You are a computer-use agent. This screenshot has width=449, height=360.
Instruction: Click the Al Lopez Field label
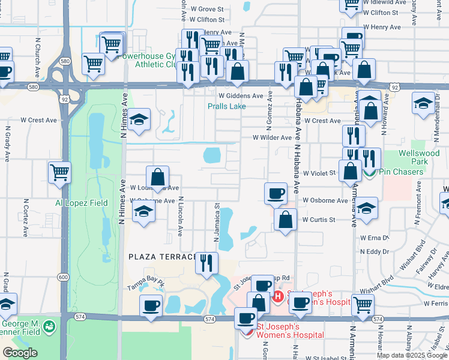tap(82, 203)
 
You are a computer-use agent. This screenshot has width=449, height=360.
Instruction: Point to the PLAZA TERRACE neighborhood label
tap(163, 256)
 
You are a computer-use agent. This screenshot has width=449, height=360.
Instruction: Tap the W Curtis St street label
tap(319, 220)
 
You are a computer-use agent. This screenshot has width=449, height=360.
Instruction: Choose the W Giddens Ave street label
tap(241, 95)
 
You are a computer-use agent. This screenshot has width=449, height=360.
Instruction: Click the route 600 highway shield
tap(64, 277)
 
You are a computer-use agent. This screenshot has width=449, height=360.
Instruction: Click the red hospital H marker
tap(278, 296)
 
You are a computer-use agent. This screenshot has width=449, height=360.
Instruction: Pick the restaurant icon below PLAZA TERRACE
tap(206, 263)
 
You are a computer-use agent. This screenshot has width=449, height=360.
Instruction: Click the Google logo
tap(20, 353)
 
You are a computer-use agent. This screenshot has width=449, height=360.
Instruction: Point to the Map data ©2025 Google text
tap(411, 355)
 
